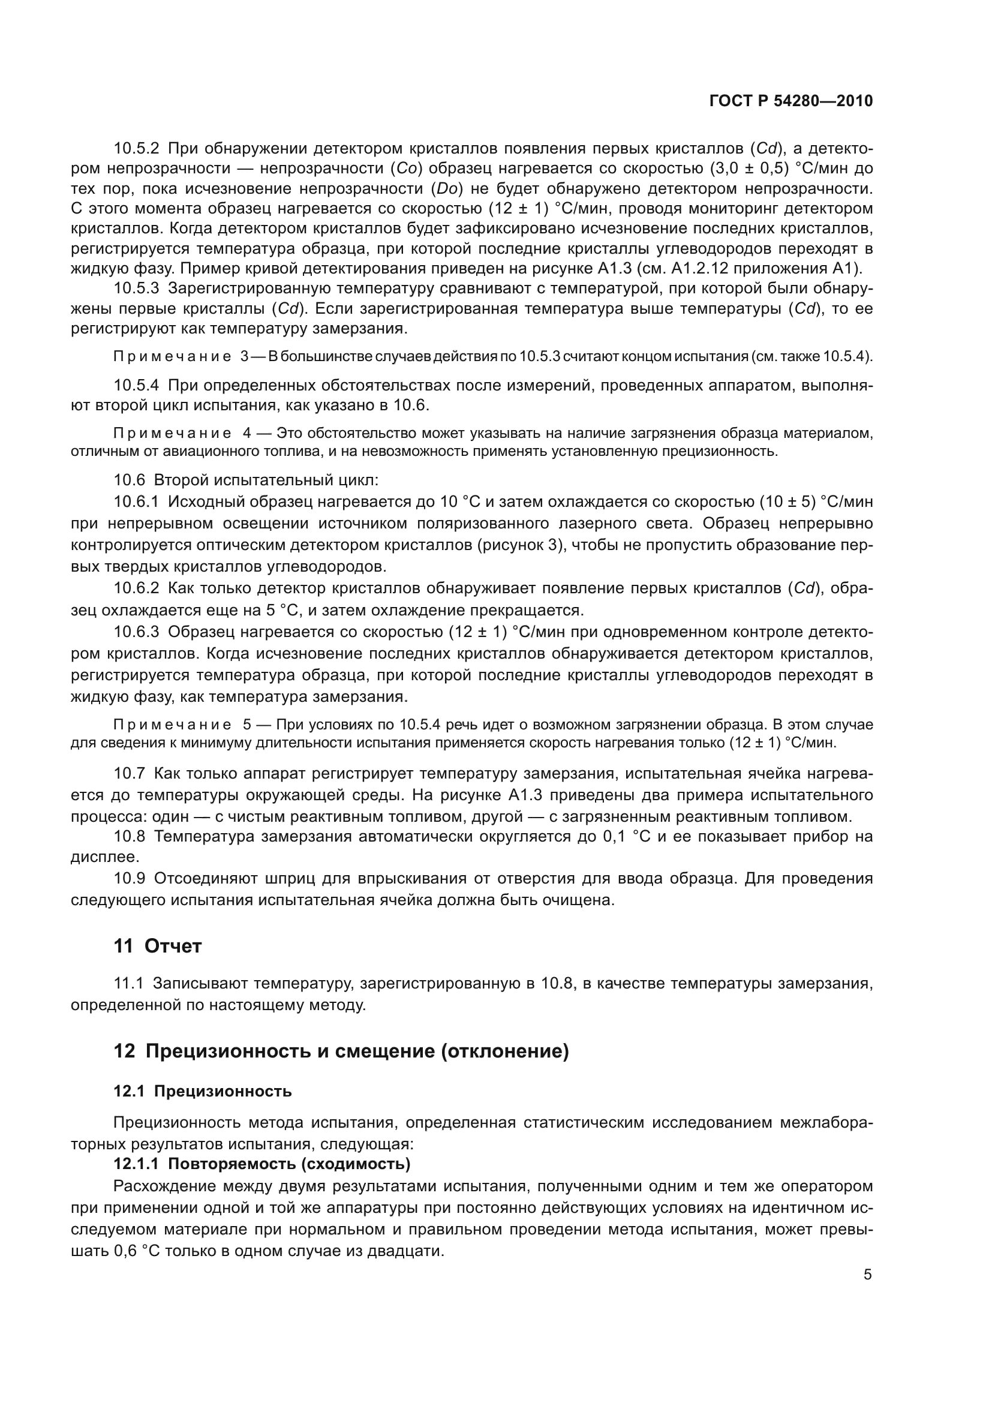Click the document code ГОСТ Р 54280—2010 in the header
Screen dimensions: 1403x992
(790, 101)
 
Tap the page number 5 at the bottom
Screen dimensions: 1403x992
(867, 1275)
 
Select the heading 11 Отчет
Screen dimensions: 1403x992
(158, 946)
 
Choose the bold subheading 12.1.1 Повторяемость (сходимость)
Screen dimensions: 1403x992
(261, 1164)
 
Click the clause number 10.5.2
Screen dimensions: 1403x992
(136, 149)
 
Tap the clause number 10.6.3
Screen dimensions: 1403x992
(136, 632)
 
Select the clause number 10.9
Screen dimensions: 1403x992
(129, 878)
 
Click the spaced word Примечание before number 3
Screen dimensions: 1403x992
(172, 357)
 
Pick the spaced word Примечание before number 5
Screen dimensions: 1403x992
(172, 725)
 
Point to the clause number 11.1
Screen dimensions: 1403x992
(128, 983)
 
